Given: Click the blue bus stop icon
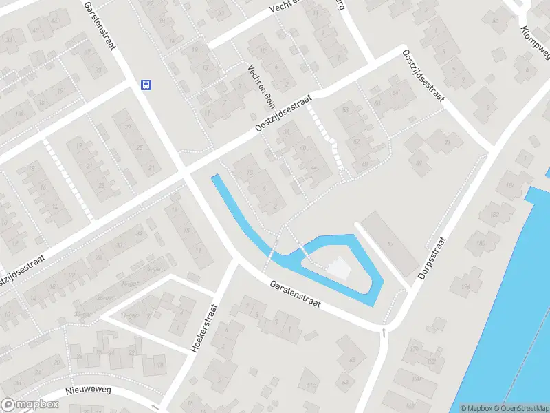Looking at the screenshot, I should [146, 85].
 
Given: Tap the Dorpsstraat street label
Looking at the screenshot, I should [431, 257].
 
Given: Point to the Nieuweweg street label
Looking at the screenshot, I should [88, 390].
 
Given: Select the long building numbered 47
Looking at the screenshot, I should [389, 243].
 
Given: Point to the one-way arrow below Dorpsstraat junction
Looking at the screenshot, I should [384, 332].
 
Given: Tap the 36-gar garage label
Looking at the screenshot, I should [82, 315].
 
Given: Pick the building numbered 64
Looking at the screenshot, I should [394, 93].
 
